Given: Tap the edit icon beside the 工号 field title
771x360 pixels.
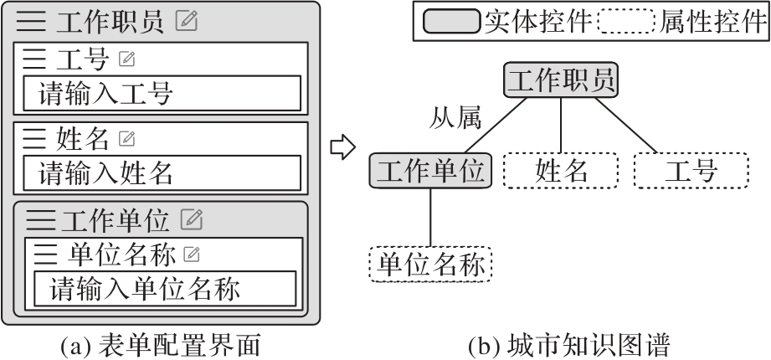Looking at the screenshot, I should (126, 60).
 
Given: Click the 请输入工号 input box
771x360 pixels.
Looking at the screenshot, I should (161, 93).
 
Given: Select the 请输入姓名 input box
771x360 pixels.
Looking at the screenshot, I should (161, 173).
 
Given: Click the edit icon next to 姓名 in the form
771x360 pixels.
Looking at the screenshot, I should (127, 137).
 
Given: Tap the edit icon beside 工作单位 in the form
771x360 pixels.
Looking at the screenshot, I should (192, 219).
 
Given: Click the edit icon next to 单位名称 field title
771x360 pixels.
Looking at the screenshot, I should (192, 253).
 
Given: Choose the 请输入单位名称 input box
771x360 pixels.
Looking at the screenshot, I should (165, 289).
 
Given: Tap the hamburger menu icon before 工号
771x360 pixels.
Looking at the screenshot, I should (34, 60).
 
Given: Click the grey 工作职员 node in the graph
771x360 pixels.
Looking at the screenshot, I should (561, 80).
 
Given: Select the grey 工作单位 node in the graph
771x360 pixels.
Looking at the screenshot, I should (429, 171).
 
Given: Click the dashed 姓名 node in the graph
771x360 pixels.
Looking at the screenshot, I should (560, 172).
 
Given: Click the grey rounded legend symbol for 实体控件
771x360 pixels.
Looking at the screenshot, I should (451, 21).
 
